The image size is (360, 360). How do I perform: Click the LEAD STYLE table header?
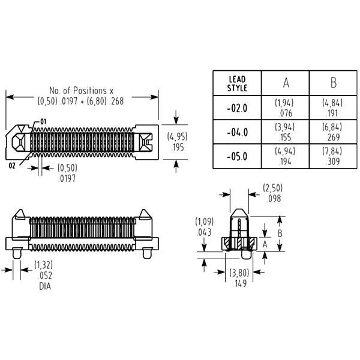(237, 83)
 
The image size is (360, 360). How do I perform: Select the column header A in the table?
(286, 83)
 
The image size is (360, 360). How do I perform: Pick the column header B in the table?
(334, 83)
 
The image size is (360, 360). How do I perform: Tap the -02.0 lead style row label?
(237, 108)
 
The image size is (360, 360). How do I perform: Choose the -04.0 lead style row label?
(237, 133)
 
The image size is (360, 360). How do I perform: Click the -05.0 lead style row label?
(237, 157)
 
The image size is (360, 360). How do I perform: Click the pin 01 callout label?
(43, 122)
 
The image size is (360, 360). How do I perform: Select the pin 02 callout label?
(12, 166)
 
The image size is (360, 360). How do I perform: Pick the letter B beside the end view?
(280, 233)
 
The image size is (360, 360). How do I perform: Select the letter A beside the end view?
(265, 244)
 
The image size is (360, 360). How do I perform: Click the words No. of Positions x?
(82, 91)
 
